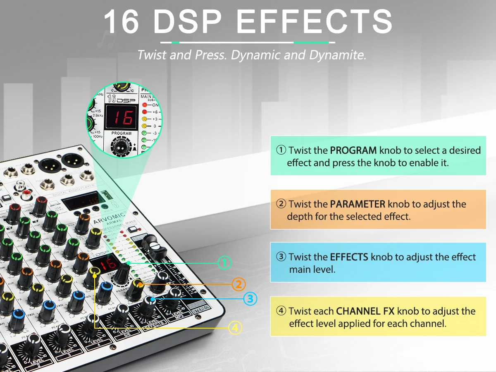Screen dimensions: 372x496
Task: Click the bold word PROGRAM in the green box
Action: [x=353, y=150]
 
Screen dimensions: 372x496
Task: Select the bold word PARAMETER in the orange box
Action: [x=358, y=204]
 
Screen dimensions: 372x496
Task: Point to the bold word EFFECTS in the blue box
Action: [x=349, y=257]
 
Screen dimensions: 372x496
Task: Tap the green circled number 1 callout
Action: [x=224, y=262]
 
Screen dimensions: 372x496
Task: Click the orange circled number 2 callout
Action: [x=238, y=284]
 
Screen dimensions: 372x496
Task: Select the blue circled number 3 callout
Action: [x=250, y=298]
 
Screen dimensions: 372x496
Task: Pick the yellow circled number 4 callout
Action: [x=235, y=328]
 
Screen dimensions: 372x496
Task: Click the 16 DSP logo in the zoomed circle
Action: [x=120, y=98]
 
